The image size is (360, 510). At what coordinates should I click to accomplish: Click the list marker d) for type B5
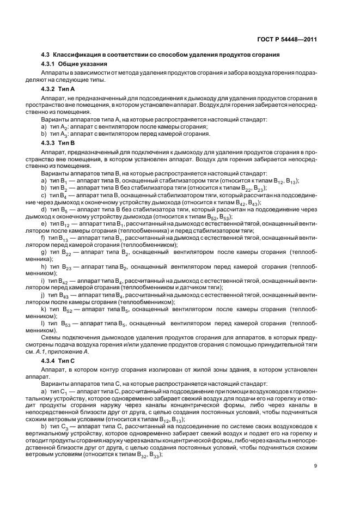[44, 209]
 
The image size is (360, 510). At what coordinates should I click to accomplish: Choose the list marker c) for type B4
[43, 195]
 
